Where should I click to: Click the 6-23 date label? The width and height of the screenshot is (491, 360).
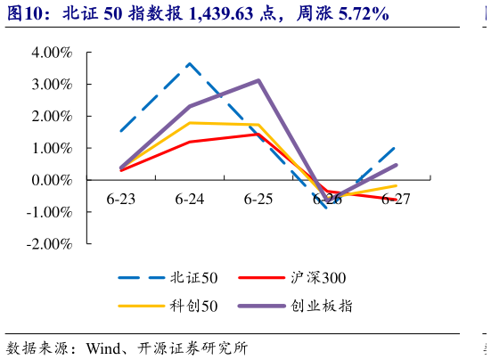tap(121, 198)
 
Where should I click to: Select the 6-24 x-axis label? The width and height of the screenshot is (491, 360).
tap(190, 198)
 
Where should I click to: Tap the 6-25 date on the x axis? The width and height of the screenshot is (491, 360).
tap(258, 198)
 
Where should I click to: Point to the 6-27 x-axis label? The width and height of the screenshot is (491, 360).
tap(396, 198)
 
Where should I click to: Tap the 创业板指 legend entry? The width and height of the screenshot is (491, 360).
tap(321, 306)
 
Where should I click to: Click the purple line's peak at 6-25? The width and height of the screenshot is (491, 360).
tap(258, 80)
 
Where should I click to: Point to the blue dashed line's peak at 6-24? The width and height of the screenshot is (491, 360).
tap(190, 63)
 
